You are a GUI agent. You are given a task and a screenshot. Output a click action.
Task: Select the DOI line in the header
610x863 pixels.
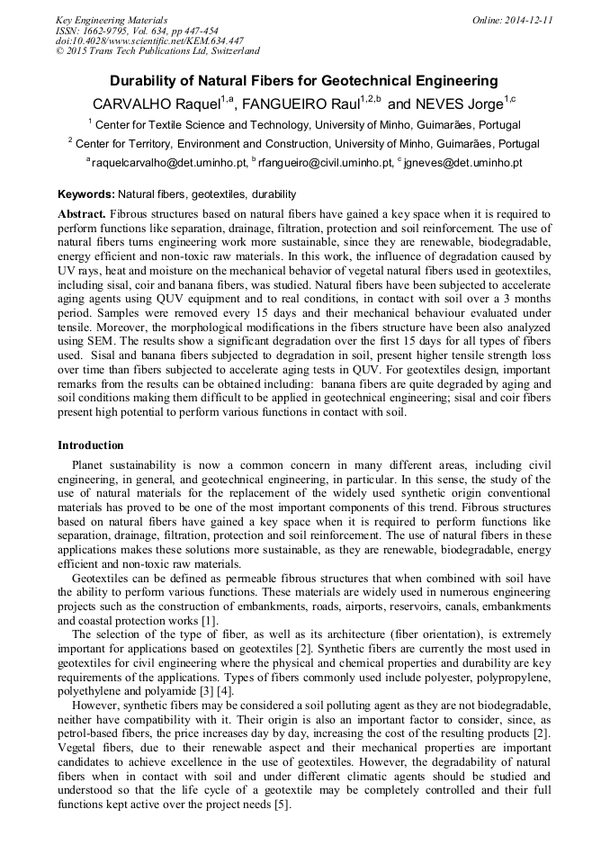150,40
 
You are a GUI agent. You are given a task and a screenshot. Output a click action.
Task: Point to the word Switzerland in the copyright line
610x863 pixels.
229,51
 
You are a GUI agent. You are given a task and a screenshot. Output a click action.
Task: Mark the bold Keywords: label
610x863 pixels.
85,194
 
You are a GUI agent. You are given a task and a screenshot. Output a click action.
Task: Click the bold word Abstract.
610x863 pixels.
81,214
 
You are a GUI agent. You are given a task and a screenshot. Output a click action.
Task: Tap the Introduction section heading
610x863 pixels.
91,445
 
